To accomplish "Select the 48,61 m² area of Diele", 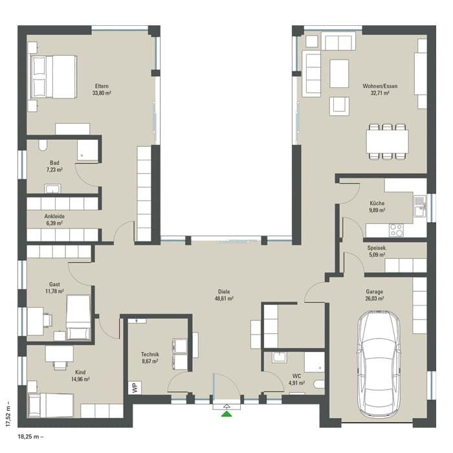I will (x=224, y=299).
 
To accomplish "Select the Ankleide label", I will (x=54, y=216).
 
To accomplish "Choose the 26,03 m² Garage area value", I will (x=375, y=299).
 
